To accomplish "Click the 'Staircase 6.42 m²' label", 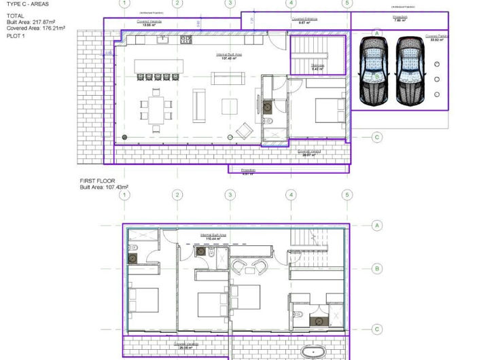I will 317,67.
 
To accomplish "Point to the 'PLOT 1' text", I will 16,37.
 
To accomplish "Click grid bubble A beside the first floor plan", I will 377,225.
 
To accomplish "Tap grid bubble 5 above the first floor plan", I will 347,196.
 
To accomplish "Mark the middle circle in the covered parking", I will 436,79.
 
